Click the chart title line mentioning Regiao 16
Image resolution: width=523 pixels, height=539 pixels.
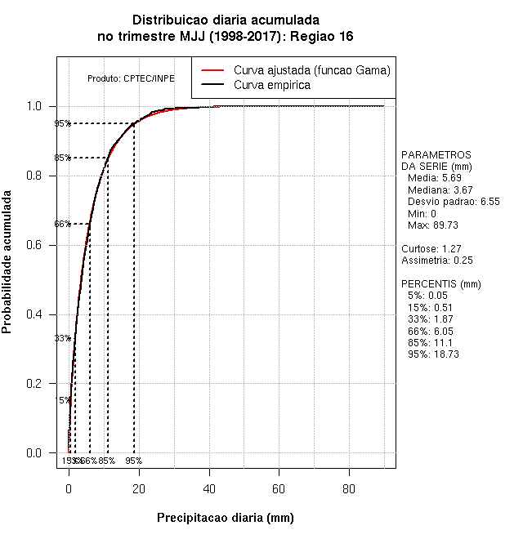click(x=226, y=37)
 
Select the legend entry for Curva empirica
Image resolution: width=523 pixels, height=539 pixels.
click(x=271, y=85)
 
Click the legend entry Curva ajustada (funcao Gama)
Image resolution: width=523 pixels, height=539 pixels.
click(x=311, y=70)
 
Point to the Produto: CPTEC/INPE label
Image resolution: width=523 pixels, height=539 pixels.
click(x=131, y=78)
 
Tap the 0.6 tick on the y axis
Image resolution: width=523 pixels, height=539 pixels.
click(x=38, y=245)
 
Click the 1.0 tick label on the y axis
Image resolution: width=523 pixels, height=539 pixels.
click(x=38, y=106)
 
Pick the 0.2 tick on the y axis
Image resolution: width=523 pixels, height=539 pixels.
click(x=38, y=383)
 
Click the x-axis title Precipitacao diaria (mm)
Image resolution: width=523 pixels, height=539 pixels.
click(x=225, y=518)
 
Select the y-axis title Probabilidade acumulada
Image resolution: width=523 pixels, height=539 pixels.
click(x=7, y=262)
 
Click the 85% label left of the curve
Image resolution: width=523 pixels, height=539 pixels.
click(x=62, y=158)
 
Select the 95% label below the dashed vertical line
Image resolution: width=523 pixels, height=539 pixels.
click(x=133, y=461)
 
